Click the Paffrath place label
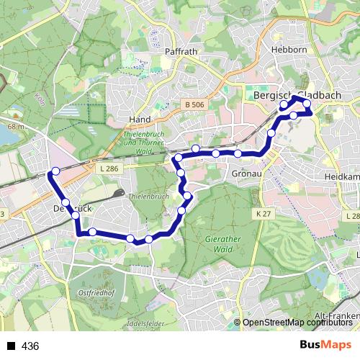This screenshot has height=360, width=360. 181,52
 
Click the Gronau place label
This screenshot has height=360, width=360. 247,174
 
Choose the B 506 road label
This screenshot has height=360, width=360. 194,105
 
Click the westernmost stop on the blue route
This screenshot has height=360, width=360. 55,171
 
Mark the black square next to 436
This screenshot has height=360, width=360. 11,346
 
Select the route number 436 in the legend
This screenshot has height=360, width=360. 30,346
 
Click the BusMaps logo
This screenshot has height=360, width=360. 325,345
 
